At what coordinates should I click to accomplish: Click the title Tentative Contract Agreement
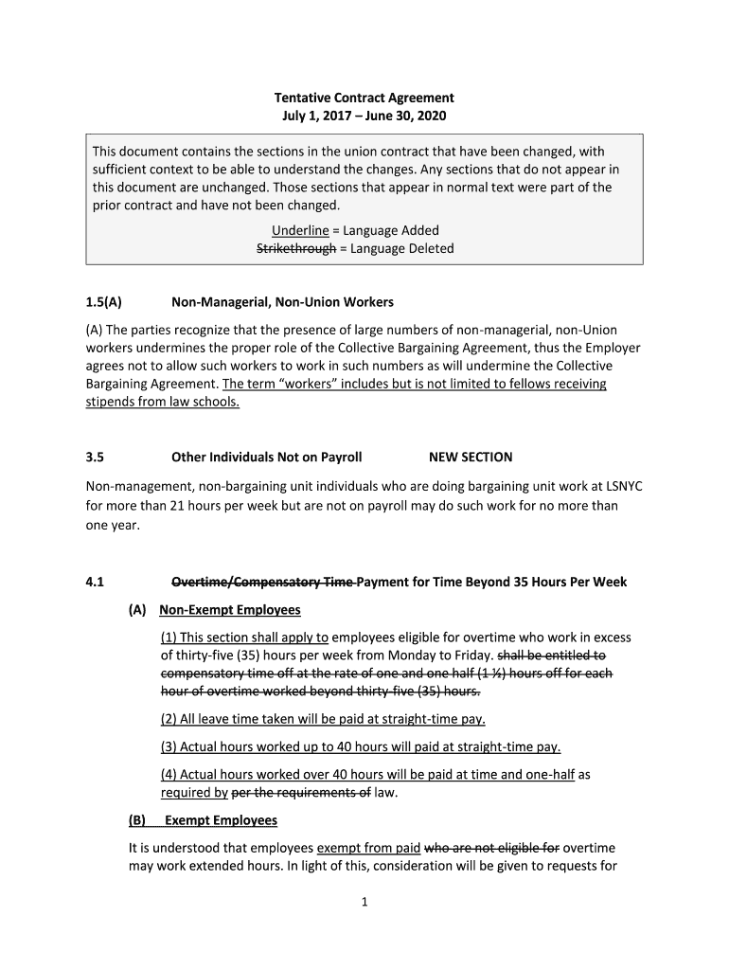click(364, 98)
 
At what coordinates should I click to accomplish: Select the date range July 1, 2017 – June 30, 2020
click(364, 117)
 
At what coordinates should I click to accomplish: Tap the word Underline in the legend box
click(298, 230)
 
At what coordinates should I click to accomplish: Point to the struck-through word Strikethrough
click(296, 248)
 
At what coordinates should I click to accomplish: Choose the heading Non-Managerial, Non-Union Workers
click(282, 302)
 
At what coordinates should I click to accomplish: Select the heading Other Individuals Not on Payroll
click(266, 457)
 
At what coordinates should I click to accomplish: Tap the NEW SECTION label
click(471, 457)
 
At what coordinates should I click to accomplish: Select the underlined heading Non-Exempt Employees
click(230, 609)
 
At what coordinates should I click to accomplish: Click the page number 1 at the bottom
click(364, 902)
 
